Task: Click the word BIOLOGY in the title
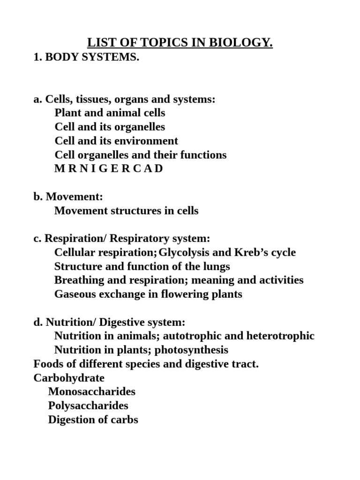pyautogui.click(x=243, y=44)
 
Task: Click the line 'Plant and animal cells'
pyautogui.click(x=110, y=113)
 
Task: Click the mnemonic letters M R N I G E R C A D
pyautogui.click(x=109, y=169)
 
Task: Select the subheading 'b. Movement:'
pyautogui.click(x=68, y=197)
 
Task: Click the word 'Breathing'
pyautogui.click(x=77, y=280)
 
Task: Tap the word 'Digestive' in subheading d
pyautogui.click(x=120, y=322)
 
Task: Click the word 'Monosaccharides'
pyautogui.click(x=91, y=392)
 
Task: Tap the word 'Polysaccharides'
pyautogui.click(x=88, y=405)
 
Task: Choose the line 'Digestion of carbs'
pyautogui.click(x=93, y=420)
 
